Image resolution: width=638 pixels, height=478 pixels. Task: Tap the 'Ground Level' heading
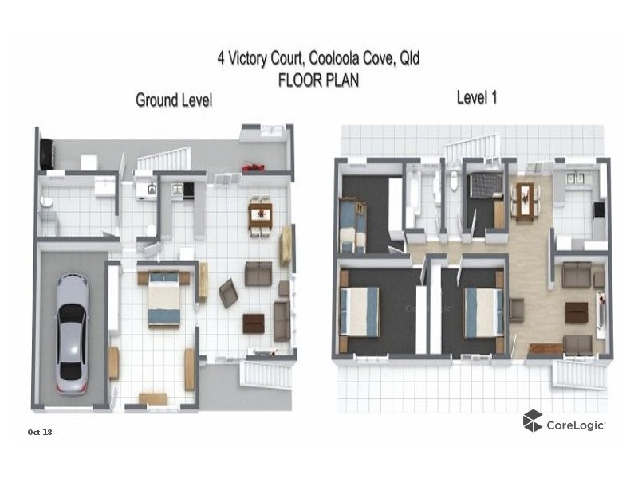tap(173, 100)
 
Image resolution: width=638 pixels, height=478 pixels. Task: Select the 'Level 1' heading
tap(478, 97)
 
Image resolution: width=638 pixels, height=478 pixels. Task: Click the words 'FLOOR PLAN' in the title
tap(318, 80)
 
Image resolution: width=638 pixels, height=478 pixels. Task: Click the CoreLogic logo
tap(563, 422)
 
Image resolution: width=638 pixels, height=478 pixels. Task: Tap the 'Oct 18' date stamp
tap(40, 432)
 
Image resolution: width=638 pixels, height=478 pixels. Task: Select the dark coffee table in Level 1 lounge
tap(576, 312)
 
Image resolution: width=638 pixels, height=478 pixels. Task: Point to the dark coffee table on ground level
tap(254, 323)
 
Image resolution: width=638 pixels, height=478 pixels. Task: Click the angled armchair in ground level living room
tap(228, 293)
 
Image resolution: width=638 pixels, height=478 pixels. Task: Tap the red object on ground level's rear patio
tap(253, 167)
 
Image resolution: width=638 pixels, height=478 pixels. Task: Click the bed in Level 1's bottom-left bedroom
tap(360, 311)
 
